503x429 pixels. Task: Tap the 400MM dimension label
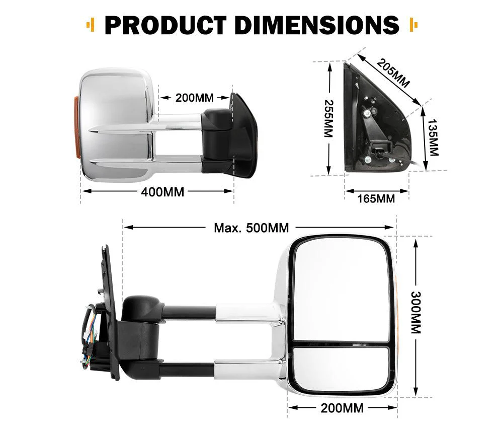click(162, 191)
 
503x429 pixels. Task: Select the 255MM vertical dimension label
click(328, 118)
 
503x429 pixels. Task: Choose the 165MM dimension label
click(376, 198)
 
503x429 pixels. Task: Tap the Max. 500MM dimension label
click(251, 228)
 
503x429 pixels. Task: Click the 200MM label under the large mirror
click(342, 408)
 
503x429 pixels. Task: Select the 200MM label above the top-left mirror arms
click(195, 98)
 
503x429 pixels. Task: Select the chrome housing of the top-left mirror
click(116, 101)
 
